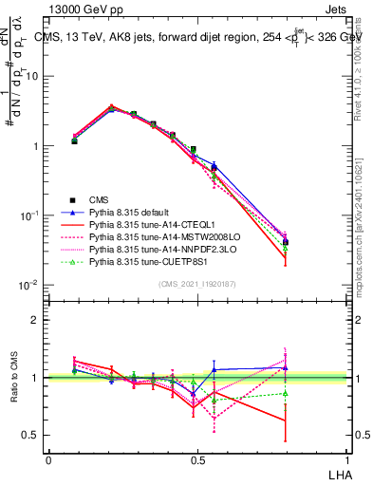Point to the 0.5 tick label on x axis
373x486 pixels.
(x=197, y=459)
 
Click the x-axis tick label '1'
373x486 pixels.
(x=347, y=459)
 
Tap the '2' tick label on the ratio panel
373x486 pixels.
(x=36, y=320)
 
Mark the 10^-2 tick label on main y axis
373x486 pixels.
(x=29, y=285)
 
